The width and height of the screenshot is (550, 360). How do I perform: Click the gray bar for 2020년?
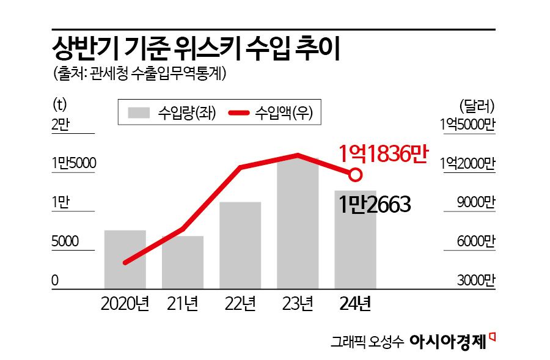(125, 259)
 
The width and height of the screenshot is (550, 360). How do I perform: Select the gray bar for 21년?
(183, 262)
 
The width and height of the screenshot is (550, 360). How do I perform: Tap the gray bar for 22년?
(240, 245)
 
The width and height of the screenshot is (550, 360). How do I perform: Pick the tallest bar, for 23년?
(298, 223)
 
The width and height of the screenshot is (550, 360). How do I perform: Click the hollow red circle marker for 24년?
(354, 175)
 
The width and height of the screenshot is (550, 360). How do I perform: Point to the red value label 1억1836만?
(382, 153)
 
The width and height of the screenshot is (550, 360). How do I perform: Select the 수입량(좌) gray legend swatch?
(139, 113)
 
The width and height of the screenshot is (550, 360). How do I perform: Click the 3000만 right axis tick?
(476, 281)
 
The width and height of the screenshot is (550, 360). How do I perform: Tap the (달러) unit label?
(477, 105)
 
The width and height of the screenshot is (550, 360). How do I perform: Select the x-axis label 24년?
(355, 303)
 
